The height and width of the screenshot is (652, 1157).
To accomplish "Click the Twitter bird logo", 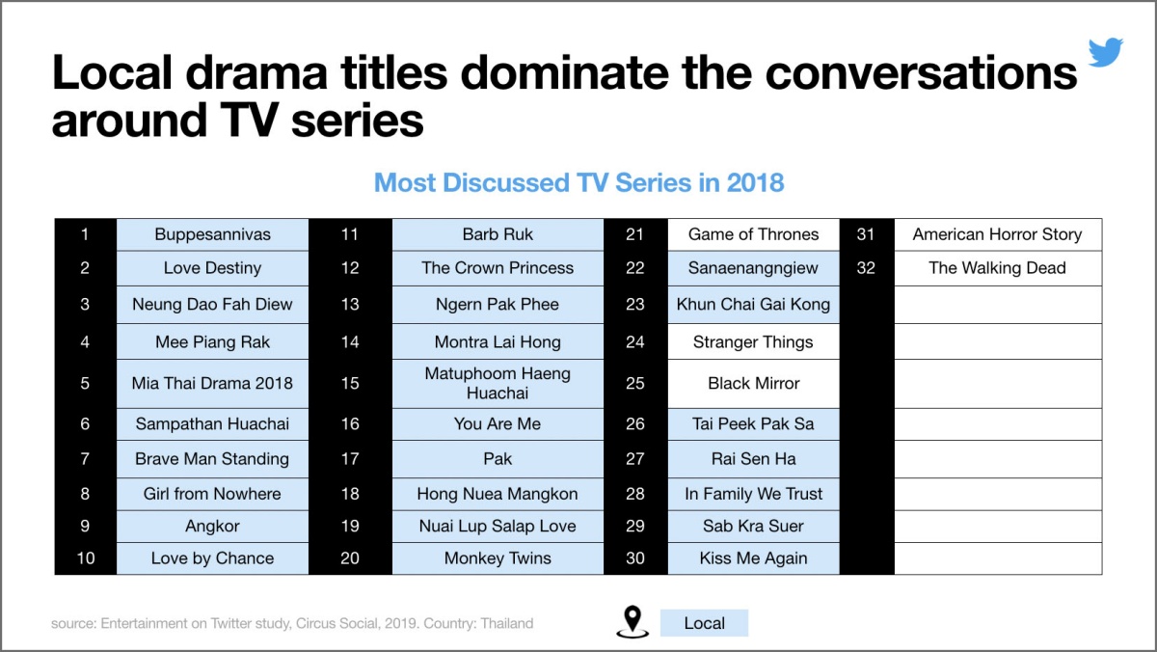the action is [x=1105, y=52].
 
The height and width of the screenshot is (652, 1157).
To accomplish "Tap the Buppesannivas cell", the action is [x=212, y=234].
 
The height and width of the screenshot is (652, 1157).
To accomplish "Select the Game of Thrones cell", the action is [x=753, y=234].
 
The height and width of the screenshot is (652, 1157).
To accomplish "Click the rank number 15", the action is [x=350, y=383].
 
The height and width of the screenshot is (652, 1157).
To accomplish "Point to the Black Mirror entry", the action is [x=753, y=383].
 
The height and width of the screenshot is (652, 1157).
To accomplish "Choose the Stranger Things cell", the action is [x=753, y=341].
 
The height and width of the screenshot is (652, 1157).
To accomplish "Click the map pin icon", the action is [x=632, y=621].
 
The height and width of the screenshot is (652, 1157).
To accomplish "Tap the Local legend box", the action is [x=704, y=623].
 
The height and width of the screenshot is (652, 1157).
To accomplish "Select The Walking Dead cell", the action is [x=997, y=268].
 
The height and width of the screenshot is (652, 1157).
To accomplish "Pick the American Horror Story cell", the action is [x=997, y=234].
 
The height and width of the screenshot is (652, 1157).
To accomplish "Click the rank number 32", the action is [x=866, y=268].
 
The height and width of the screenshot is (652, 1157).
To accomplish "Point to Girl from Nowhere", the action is [x=212, y=494].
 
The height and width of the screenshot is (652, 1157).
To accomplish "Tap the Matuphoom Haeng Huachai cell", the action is [x=498, y=383].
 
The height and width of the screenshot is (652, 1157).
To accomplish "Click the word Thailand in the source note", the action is [x=507, y=624].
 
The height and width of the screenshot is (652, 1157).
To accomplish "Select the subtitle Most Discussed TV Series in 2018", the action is [x=579, y=183].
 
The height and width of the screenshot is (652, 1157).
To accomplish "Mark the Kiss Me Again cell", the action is [x=753, y=558].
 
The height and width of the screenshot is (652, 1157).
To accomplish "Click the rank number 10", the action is [x=85, y=558].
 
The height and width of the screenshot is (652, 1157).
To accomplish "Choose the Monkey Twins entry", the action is [x=498, y=558].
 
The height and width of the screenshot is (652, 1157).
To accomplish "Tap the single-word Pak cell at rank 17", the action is [x=498, y=459].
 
